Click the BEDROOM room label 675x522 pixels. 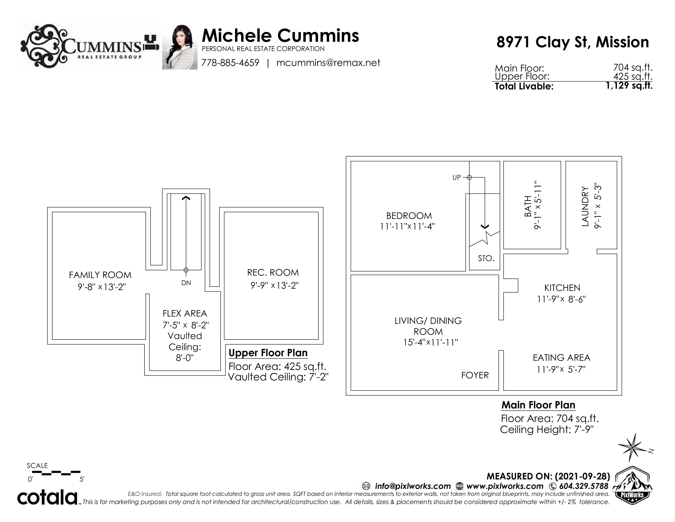pos(409,216)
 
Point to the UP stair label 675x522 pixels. pos(457,177)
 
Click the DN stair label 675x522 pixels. pos(186,283)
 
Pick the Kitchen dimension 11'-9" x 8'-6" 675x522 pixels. pos(561,299)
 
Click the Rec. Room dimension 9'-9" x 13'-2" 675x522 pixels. pos(274,285)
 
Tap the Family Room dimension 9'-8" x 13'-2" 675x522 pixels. pos(102,287)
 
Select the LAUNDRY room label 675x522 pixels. pos(585,206)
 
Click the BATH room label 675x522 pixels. pos(528,206)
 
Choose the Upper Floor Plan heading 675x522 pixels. pos(268,353)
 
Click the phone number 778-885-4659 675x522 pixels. pos(230,63)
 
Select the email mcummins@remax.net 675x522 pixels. pos(328,63)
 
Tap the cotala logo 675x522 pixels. pos(47,498)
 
